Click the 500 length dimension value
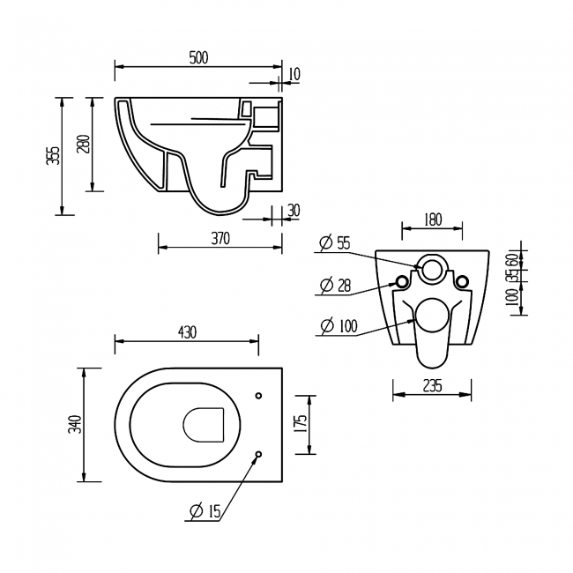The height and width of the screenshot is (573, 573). [x=197, y=57]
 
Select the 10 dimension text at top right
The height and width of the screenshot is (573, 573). [x=294, y=74]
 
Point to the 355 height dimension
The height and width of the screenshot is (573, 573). [x=53, y=155]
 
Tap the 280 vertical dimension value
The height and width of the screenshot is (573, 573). [x=83, y=144]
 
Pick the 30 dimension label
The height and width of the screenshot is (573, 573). [x=294, y=210]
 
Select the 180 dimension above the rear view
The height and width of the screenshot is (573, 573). [x=432, y=220]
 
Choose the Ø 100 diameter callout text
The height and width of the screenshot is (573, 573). [x=339, y=326]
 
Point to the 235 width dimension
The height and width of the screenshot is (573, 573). [x=431, y=385]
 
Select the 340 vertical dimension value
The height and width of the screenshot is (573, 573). [x=76, y=424]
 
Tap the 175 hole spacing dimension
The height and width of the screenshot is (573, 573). [x=301, y=424]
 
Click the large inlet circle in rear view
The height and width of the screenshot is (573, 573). [x=432, y=269]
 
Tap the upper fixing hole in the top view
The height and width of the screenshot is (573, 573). [x=257, y=395]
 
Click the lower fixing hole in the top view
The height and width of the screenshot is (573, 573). [x=257, y=455]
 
